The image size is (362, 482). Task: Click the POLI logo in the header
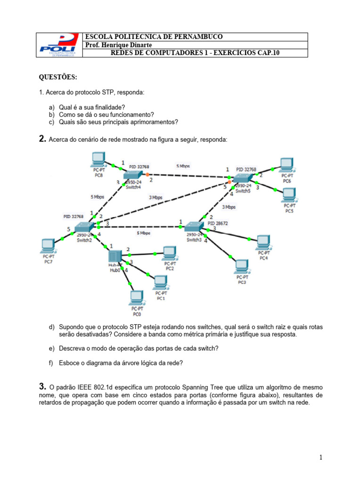59,45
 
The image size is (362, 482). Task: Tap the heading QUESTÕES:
58,77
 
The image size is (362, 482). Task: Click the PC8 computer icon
99,160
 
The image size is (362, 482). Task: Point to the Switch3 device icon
194,227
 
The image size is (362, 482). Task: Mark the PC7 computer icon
48,245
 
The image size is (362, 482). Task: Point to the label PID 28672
217,223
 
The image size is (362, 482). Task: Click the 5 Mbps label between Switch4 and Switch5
183,166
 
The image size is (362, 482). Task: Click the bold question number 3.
42,386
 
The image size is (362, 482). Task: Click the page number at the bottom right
320,458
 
